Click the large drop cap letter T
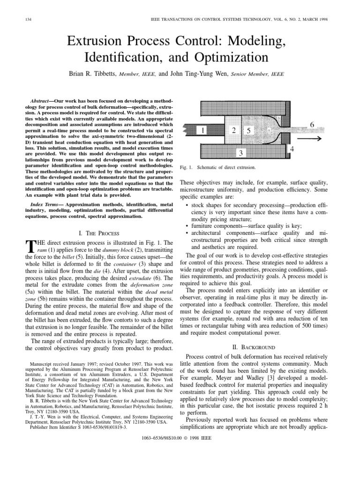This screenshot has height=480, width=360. pyautogui.click(x=30, y=246)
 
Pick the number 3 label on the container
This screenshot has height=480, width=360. pyautogui.click(x=240, y=153)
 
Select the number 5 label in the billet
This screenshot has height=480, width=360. pyautogui.click(x=250, y=131)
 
